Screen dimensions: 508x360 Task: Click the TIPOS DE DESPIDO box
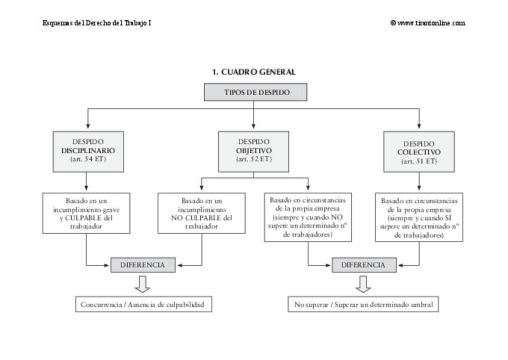(x=255, y=92)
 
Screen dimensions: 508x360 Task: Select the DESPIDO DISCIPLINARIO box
(x=88, y=152)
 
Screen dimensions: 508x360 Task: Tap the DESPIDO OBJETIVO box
(x=253, y=152)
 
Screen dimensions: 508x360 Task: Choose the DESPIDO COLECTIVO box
(x=419, y=152)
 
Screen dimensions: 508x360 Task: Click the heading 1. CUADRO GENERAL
(x=253, y=72)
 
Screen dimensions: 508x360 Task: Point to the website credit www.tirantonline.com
(x=428, y=23)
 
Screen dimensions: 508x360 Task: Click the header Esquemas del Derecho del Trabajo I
(x=96, y=23)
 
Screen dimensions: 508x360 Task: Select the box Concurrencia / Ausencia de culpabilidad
(x=144, y=304)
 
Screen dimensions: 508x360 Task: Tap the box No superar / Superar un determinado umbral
(x=363, y=304)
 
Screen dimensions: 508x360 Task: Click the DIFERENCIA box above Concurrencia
(x=143, y=265)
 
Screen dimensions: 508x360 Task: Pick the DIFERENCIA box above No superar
(x=364, y=265)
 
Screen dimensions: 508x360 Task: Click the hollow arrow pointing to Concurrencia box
(x=142, y=284)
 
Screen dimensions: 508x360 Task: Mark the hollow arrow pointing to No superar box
(x=363, y=284)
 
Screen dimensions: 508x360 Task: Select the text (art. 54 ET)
(x=88, y=159)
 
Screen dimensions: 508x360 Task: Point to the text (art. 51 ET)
(x=419, y=161)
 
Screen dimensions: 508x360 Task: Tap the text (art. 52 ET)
(x=253, y=159)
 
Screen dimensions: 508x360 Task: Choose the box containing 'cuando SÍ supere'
(x=419, y=217)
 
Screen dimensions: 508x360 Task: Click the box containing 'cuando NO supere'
(x=308, y=217)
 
